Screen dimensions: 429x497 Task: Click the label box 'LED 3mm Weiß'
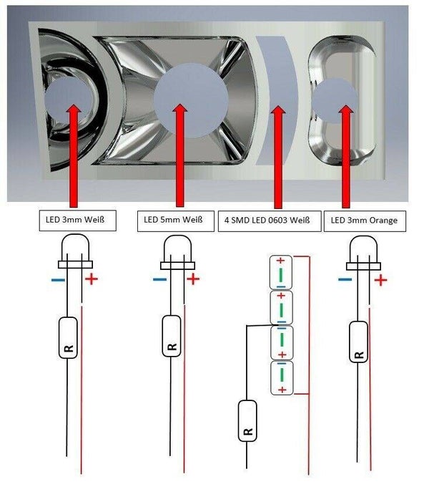point(77,220)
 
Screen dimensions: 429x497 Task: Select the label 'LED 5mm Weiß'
point(176,221)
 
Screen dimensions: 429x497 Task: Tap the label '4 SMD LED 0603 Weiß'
point(270,221)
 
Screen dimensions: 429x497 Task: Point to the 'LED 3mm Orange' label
point(365,221)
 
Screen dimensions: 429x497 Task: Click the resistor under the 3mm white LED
point(68,337)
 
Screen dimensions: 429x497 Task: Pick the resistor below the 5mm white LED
point(172,336)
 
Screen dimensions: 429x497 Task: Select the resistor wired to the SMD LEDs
point(247,420)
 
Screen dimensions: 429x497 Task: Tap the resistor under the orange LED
point(358,342)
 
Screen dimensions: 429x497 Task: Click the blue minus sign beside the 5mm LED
point(159,279)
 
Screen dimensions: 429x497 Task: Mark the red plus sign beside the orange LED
point(380,280)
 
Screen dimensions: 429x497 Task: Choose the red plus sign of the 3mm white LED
point(92,279)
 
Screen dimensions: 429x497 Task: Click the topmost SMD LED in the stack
point(280,273)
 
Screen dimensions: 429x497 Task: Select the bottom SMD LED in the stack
point(282,378)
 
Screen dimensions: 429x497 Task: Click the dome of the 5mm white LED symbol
point(177,248)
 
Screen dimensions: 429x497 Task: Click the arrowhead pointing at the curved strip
point(278,110)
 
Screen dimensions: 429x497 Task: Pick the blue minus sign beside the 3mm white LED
point(58,280)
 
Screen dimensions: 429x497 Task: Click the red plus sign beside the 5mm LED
point(193,279)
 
